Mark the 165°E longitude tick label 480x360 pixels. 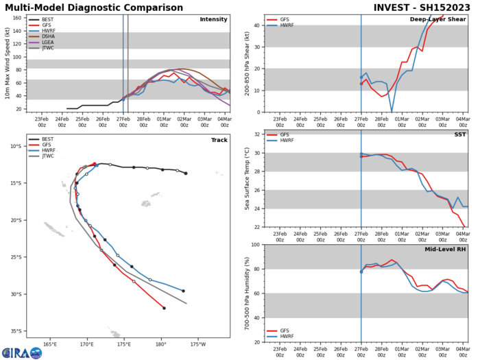(49, 344)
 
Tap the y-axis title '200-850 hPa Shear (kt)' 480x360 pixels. (241, 63)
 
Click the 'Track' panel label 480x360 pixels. (217, 140)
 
